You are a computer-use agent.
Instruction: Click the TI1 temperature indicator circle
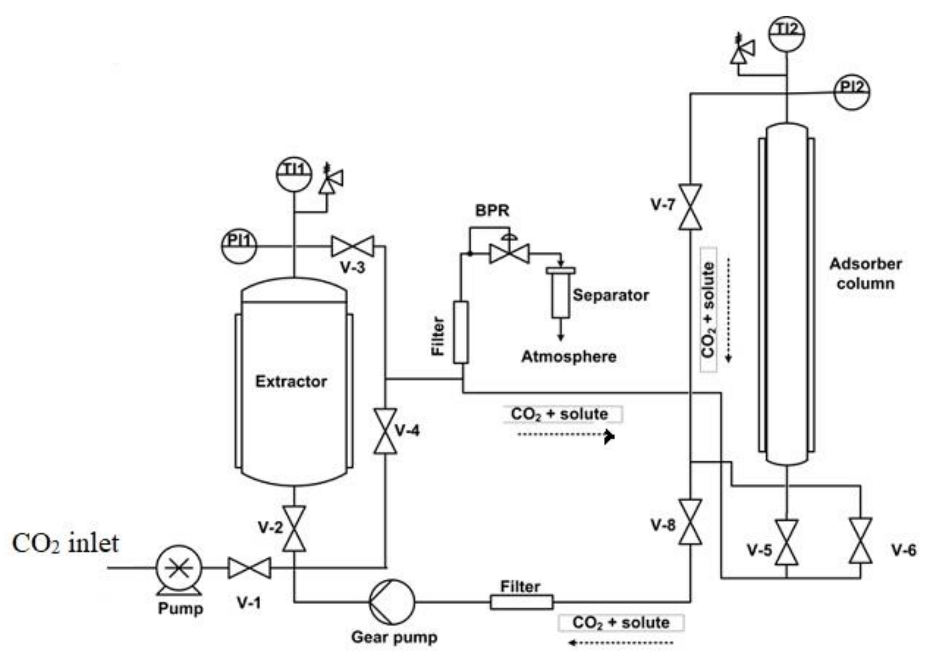click(293, 174)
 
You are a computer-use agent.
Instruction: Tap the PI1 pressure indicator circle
click(239, 246)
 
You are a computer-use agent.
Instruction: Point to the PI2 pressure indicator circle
click(852, 92)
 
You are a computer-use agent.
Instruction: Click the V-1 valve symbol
click(249, 568)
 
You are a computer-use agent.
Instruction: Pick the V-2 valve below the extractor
click(294, 529)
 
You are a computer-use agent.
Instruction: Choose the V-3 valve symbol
click(353, 246)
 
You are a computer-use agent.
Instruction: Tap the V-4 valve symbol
click(385, 431)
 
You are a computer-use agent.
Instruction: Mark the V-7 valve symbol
click(690, 207)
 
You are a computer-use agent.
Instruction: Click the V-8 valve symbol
click(690, 522)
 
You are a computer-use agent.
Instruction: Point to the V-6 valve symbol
click(860, 541)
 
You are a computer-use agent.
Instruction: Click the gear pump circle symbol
click(392, 602)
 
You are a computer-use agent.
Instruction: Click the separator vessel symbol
click(560, 293)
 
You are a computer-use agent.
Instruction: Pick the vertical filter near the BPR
click(461, 332)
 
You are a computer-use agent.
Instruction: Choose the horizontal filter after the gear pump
click(521, 602)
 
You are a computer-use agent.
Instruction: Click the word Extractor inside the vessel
click(291, 382)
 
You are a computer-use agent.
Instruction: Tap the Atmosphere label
click(568, 357)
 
